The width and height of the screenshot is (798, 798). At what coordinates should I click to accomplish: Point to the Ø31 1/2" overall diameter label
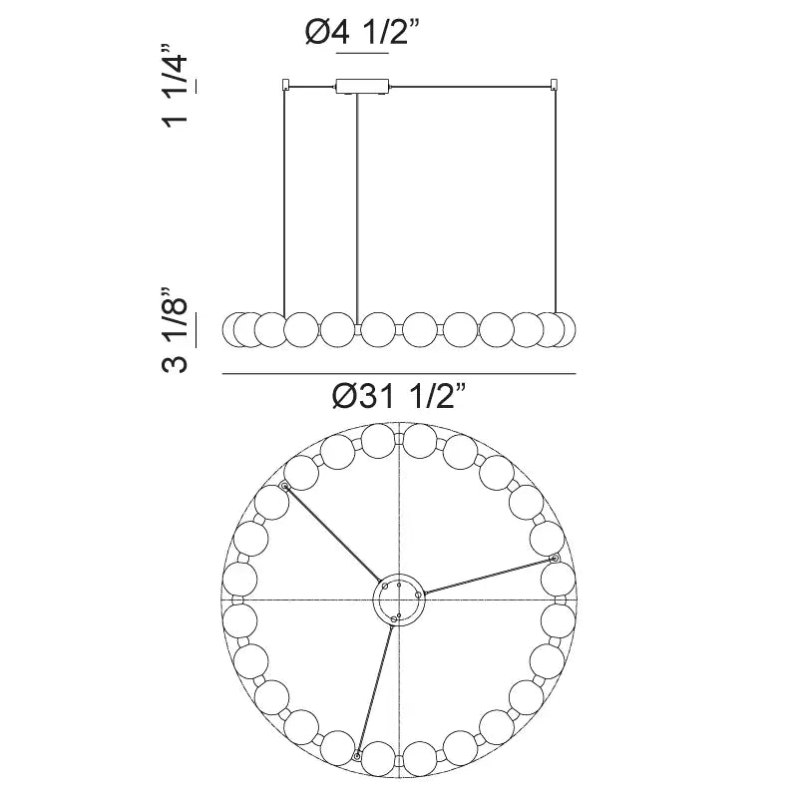click(x=399, y=396)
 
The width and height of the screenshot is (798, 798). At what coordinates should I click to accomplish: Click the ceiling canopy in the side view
click(x=363, y=87)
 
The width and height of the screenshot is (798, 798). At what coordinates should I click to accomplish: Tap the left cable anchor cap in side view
click(x=286, y=84)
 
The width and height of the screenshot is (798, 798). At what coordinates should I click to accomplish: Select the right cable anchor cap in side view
click(x=555, y=84)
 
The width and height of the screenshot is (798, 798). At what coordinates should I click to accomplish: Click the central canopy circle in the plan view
click(x=400, y=600)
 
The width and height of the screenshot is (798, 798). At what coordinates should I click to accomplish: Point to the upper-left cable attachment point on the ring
click(x=285, y=487)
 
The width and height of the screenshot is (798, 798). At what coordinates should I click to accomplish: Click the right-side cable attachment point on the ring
click(x=555, y=559)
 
